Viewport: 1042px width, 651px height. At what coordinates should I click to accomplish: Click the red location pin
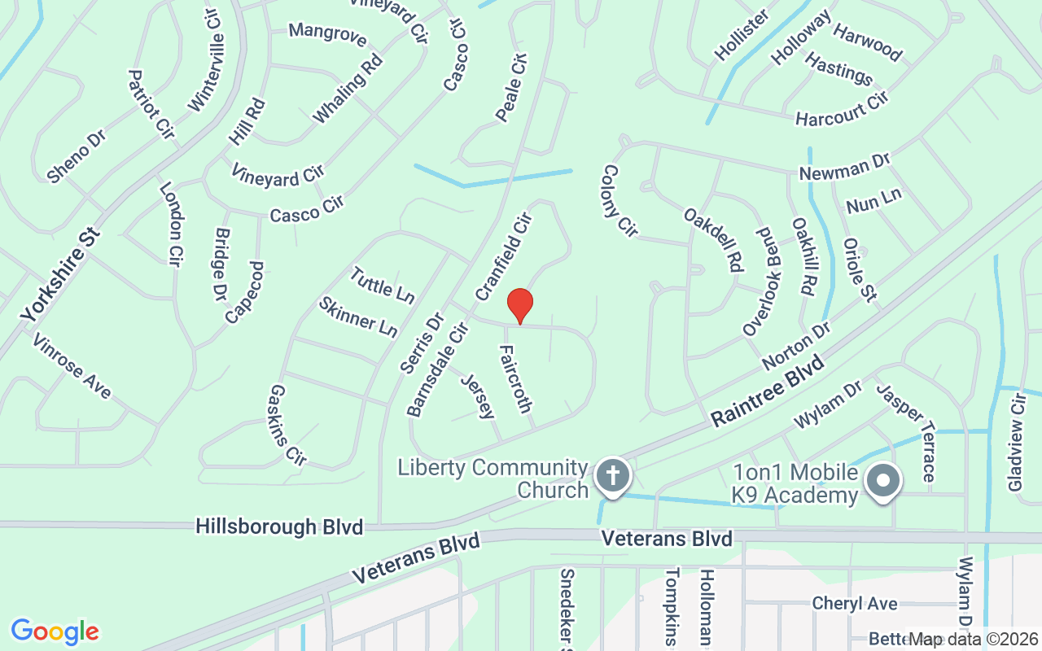tap(520, 306)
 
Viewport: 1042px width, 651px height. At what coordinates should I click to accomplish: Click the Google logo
tap(55, 631)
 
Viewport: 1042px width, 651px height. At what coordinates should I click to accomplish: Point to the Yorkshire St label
tap(62, 274)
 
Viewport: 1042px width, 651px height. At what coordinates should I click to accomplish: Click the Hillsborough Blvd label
tap(279, 527)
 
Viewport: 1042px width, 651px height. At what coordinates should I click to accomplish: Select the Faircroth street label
tap(515, 378)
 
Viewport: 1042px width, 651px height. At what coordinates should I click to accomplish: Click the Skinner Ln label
tap(358, 317)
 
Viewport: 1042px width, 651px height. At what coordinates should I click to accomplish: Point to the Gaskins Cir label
tap(287, 426)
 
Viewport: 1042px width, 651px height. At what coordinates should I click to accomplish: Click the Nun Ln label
tap(874, 200)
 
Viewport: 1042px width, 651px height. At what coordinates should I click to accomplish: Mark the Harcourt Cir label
tap(841, 110)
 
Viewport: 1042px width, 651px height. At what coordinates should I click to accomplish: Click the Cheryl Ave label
tap(855, 604)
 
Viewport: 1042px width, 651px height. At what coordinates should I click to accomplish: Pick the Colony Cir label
tap(619, 201)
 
